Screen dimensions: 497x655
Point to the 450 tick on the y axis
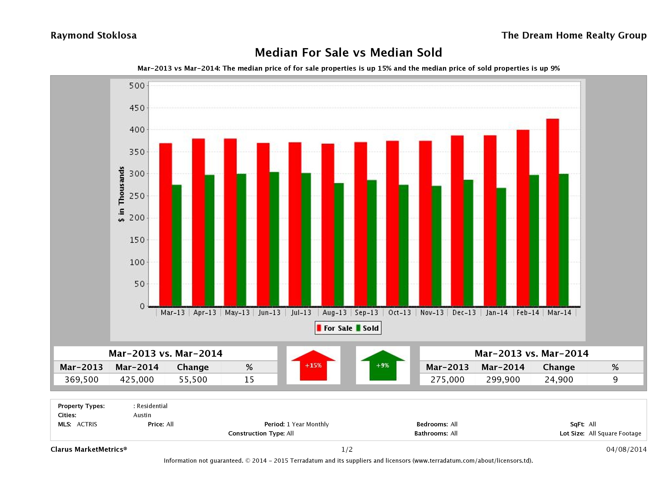point(137,108)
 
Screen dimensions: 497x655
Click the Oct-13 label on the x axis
point(399,312)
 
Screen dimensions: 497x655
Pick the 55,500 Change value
point(193,379)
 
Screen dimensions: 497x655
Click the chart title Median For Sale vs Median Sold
point(348,52)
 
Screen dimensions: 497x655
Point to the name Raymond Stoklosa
point(94,35)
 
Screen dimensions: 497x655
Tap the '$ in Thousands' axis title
point(121,194)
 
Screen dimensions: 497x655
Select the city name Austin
point(142,415)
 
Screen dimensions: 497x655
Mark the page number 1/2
point(347,449)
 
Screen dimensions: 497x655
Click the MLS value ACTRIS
point(87,424)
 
